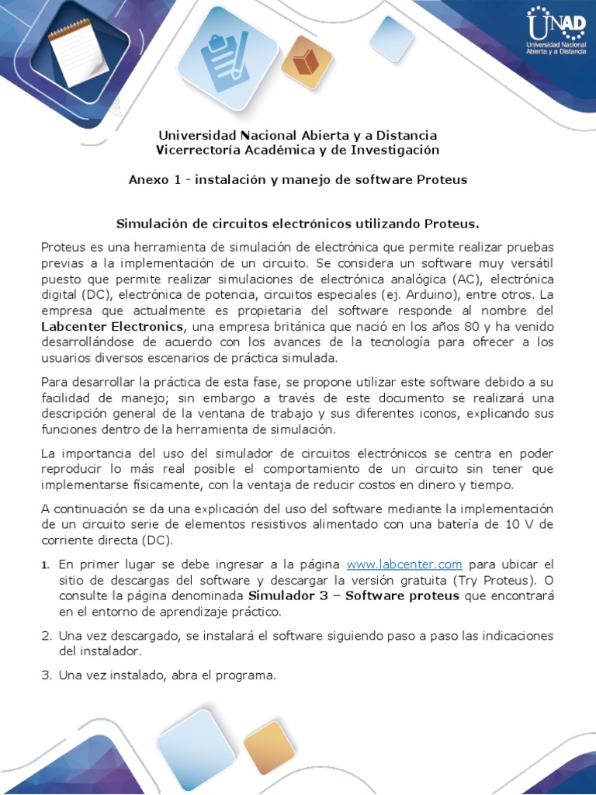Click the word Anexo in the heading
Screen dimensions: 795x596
point(148,179)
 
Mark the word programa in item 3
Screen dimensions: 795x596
point(249,675)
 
